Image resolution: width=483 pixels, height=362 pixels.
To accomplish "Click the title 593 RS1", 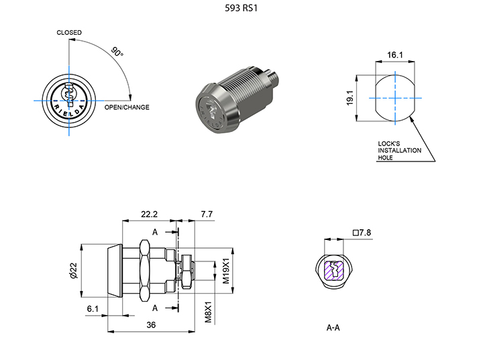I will [241, 9].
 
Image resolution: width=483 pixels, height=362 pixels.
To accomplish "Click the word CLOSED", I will [69, 32].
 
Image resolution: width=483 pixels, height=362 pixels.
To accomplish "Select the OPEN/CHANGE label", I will [127, 107].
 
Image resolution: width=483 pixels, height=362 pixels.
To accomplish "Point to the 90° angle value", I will [117, 52].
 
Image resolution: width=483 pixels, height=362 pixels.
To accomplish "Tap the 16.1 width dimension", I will [395, 54].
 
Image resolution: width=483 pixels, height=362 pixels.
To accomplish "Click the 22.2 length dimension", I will [149, 214].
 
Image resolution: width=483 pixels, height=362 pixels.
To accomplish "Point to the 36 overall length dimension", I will [151, 324].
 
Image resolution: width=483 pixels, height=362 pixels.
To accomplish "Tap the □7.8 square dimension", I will [362, 233].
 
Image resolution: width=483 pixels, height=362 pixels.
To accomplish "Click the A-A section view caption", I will [333, 328].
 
